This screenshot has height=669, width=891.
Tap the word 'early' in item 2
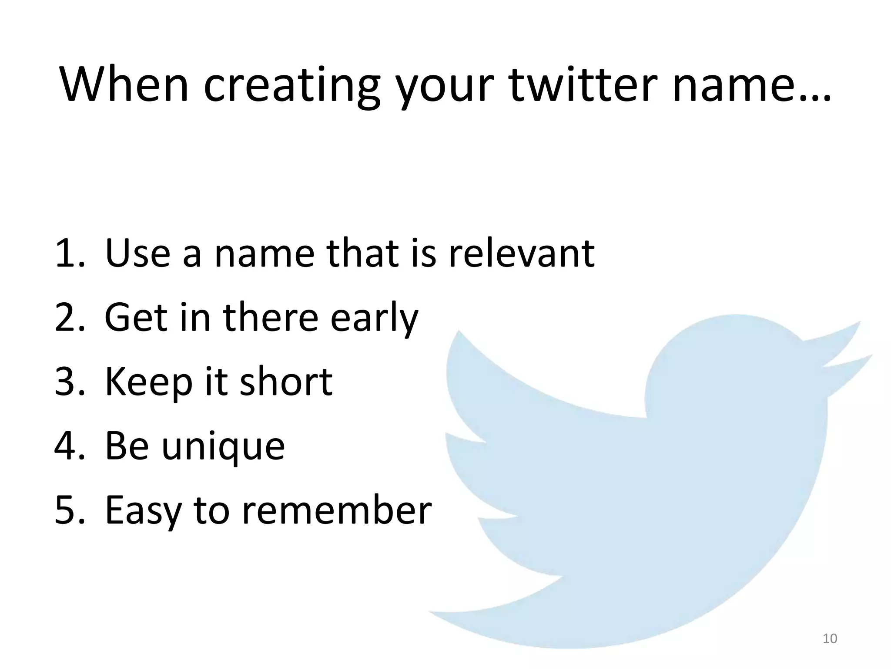374,318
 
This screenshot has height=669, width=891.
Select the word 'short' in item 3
286,382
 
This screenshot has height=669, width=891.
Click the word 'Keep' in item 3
148,382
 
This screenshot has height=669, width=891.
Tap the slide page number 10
830,639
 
